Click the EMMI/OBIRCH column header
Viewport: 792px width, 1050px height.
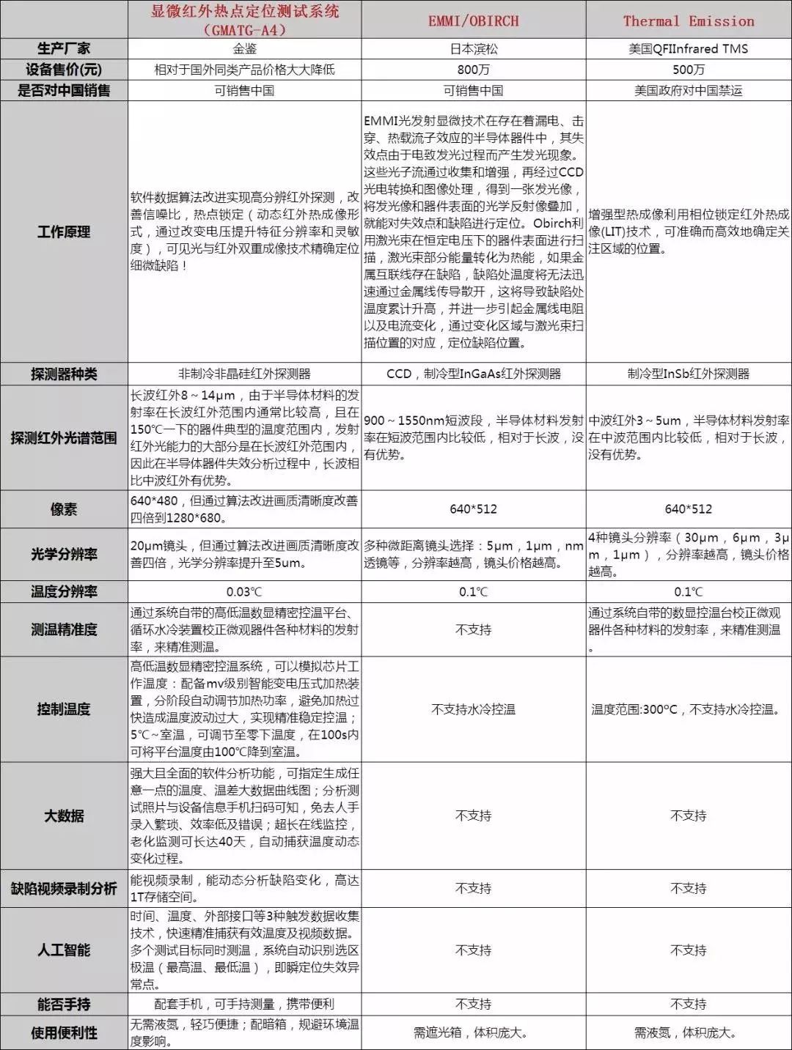(473, 21)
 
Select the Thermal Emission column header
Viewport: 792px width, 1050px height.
(688, 21)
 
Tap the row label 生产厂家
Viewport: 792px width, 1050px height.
(64, 49)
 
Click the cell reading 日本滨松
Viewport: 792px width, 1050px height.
(473, 49)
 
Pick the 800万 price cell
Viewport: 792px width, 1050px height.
(473, 70)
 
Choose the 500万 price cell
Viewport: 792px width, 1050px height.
(688, 70)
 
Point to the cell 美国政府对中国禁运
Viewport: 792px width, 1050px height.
(688, 91)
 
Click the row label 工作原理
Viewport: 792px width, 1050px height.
(64, 232)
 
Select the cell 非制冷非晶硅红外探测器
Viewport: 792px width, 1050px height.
(244, 374)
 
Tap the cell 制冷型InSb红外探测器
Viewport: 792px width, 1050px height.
(688, 374)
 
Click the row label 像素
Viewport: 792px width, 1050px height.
(64, 509)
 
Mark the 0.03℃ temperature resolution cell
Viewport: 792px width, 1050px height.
(244, 592)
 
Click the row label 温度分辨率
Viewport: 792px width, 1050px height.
(64, 591)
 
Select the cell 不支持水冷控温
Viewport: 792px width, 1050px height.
(473, 709)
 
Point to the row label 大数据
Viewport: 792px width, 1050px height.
(64, 816)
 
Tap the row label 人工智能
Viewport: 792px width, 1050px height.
(64, 950)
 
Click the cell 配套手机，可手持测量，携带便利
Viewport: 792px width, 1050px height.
(244, 1004)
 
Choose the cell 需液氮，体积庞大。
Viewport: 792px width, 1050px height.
(688, 1032)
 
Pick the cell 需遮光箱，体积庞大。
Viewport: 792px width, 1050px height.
(473, 1032)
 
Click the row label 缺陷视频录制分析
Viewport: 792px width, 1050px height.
(64, 889)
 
